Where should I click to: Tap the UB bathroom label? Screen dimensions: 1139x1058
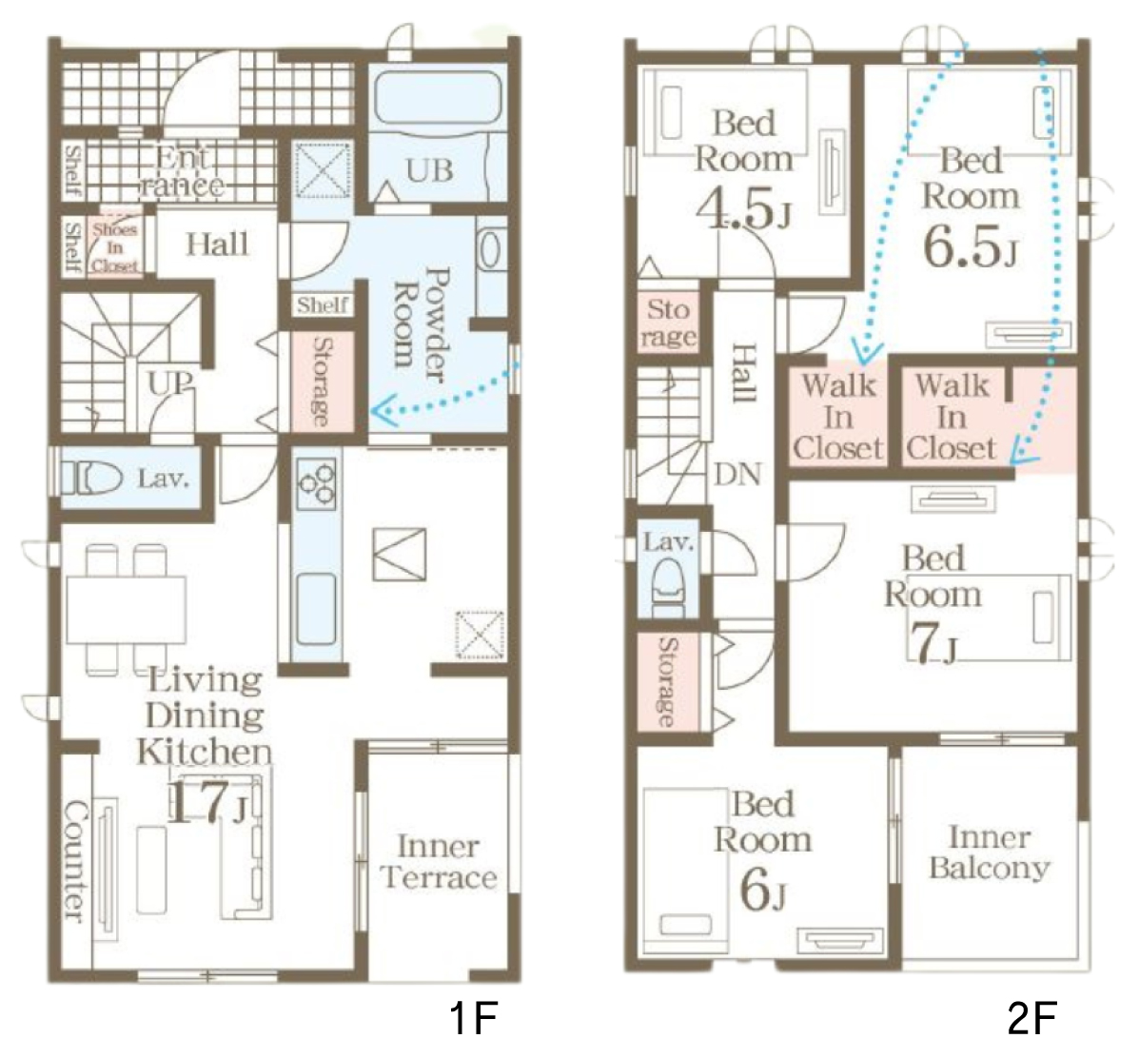click(429, 171)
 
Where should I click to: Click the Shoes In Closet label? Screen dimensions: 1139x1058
click(115, 246)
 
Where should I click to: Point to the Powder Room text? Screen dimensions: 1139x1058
click(422, 324)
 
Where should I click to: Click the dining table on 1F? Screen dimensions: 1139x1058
click(126, 610)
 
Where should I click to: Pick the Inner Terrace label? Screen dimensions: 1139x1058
click(438, 862)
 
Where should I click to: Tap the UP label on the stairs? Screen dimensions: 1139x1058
click(171, 382)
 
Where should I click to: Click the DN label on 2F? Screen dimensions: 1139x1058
click(737, 475)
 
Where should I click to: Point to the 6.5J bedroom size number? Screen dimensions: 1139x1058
click(971, 245)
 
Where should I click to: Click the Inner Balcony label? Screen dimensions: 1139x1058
click(990, 852)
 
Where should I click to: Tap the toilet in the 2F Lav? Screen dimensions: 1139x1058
click(667, 584)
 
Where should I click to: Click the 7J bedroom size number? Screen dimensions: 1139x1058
click(932, 643)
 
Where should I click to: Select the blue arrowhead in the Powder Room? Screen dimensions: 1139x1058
click(383, 411)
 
